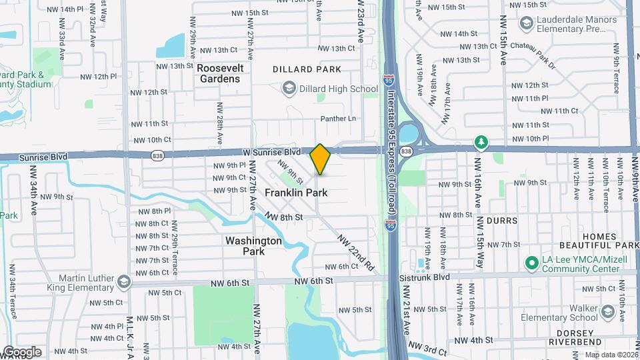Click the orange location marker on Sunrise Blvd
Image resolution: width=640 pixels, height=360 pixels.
pyautogui.click(x=320, y=159)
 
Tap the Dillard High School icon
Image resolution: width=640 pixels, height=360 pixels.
pyautogui.click(x=289, y=89)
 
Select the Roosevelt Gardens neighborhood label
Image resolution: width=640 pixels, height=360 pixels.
pyautogui.click(x=220, y=73)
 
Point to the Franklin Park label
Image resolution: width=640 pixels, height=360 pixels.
pyautogui.click(x=297, y=193)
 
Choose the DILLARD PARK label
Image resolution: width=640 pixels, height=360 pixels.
pyautogui.click(x=307, y=69)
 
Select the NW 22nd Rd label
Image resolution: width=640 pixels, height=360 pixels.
pyautogui.click(x=356, y=251)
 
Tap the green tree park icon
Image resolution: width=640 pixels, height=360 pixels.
pyautogui.click(x=481, y=143)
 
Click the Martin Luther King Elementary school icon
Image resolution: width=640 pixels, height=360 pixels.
pyautogui.click(x=123, y=283)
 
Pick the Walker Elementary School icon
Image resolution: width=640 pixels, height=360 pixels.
pyautogui.click(x=607, y=312)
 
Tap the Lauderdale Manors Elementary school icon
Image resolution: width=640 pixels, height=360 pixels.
pyautogui.click(x=527, y=25)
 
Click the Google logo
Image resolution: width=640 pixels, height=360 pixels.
pyautogui.click(x=22, y=351)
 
